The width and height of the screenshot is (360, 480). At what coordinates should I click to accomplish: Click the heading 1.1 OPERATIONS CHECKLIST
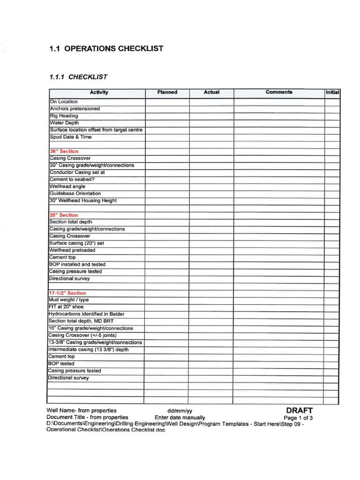tap(106, 49)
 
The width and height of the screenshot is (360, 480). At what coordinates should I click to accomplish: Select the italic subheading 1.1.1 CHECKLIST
tap(78, 77)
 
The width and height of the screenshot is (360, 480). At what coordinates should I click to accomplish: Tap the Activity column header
tap(99, 92)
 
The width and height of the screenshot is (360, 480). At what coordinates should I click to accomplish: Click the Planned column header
tap(167, 92)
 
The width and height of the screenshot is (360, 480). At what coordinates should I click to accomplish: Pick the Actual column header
tap(211, 92)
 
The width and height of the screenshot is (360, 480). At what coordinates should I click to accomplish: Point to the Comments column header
tap(279, 92)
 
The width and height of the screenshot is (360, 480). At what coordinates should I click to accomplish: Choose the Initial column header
tap(332, 93)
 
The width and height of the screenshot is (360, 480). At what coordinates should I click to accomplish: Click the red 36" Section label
tap(64, 151)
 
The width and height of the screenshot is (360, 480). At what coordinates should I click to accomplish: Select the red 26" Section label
tap(64, 215)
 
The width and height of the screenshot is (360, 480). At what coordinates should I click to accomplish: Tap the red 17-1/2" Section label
tap(67, 293)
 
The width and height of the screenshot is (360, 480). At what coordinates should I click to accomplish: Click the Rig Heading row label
tap(64, 116)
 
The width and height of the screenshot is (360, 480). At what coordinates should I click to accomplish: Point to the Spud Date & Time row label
tap(71, 137)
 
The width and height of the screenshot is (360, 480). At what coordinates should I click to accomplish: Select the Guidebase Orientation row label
tap(75, 194)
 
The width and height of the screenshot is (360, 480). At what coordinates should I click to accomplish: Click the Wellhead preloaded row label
tap(72, 250)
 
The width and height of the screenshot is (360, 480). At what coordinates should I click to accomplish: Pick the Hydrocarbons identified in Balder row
tap(86, 314)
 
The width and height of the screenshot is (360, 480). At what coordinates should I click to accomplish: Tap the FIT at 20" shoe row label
tap(66, 307)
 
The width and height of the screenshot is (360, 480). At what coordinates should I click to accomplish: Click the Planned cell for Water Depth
tap(167, 123)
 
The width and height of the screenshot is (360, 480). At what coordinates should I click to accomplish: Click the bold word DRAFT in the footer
tap(299, 411)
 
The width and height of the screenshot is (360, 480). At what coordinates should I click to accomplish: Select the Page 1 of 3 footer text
tap(299, 418)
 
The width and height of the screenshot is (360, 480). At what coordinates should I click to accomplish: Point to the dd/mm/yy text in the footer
tap(180, 411)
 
